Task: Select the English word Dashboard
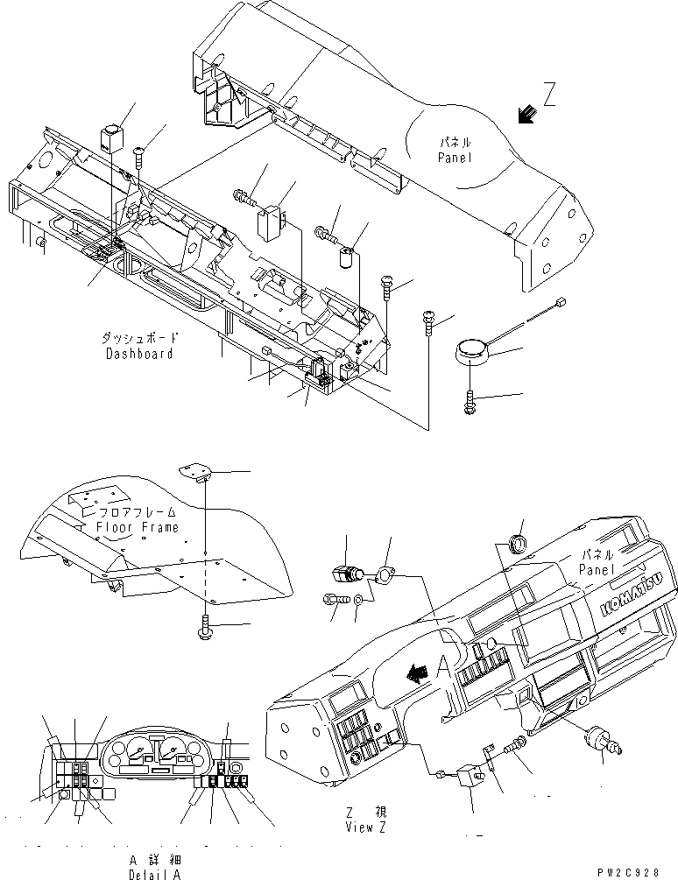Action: pyautogui.click(x=140, y=354)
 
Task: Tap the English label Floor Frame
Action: pyautogui.click(x=138, y=527)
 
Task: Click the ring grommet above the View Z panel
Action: pyautogui.click(x=517, y=544)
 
